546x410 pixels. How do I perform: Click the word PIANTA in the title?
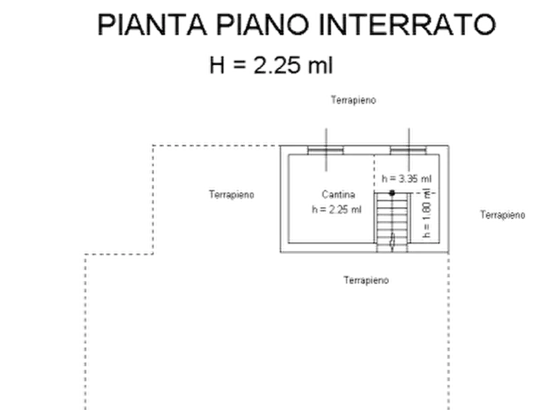pos(152,24)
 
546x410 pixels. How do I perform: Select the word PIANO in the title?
pos(262,24)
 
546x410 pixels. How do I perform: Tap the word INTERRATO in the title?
pos(407,24)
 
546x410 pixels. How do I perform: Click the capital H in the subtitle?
pos(216,65)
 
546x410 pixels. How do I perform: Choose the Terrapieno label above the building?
pos(353,100)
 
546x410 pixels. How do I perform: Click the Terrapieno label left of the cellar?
pos(232,194)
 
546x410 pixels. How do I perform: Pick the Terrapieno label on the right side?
pos(503,214)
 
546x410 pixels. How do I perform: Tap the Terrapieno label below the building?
pos(366,280)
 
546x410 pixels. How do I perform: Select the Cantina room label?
pos(338,194)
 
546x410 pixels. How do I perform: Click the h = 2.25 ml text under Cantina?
pos(336,209)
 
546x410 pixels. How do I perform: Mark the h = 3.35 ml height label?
pos(407,179)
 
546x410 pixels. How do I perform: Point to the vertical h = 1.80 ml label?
pos(427,213)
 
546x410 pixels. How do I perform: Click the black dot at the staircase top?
pos(392,193)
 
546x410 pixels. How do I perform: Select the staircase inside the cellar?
pos(393,222)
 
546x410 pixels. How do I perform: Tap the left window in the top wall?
pos(325,151)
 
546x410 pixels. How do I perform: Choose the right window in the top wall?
pos(408,151)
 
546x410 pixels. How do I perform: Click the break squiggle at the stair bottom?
pos(393,240)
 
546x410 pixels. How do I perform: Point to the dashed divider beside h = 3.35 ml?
pos(374,173)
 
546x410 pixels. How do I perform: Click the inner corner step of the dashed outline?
pos(153,254)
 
